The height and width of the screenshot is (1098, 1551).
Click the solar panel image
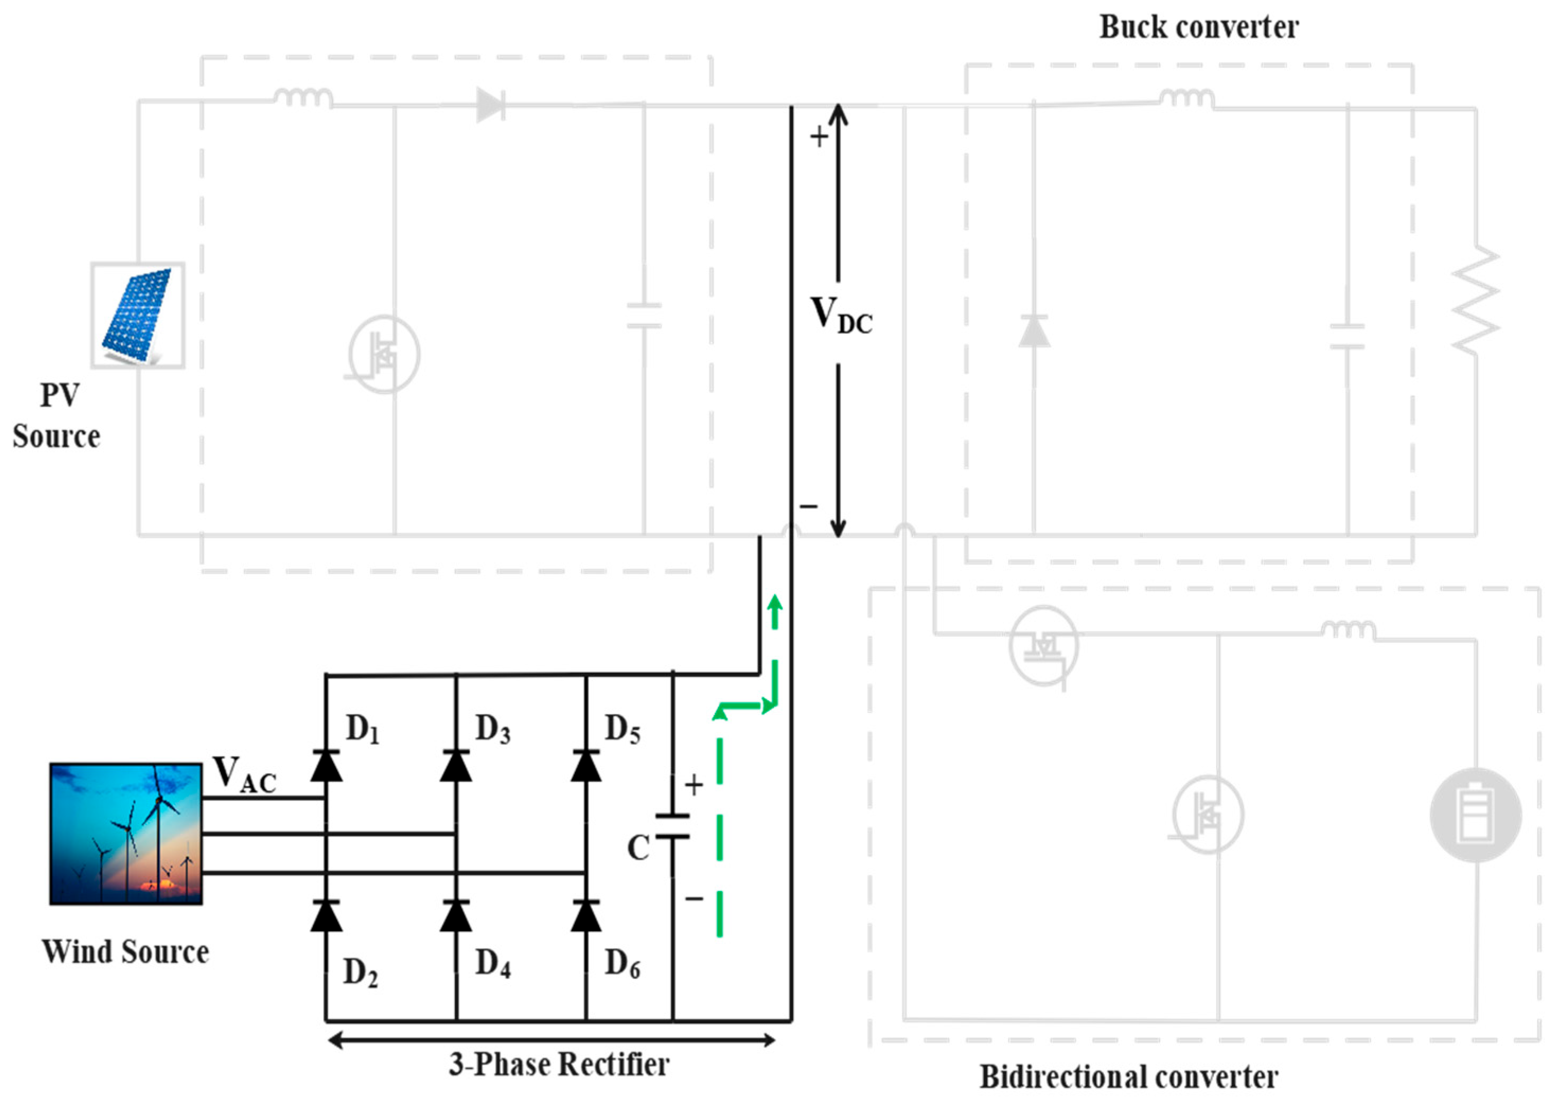pos(138,315)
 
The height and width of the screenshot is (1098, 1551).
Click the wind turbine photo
pos(126,834)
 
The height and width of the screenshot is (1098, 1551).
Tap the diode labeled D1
pos(325,766)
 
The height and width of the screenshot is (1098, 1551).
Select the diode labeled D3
pos(456,766)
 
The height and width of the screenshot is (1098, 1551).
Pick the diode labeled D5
pos(586,766)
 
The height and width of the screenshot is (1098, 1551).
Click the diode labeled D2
pos(325,916)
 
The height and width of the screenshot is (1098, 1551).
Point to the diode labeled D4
pos(456,916)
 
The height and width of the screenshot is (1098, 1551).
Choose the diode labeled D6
pos(586,916)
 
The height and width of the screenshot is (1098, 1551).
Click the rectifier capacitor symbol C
pos(672,826)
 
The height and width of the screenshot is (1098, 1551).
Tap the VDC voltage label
pos(841,316)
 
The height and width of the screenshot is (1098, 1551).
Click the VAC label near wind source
pos(244,774)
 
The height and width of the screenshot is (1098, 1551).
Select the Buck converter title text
pos(1198,27)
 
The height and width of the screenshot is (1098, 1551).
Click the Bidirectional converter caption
pos(1128,1077)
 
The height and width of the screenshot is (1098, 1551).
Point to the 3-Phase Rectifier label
pos(559,1064)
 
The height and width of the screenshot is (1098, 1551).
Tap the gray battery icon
pos(1475,815)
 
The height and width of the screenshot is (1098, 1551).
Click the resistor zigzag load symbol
pos(1475,299)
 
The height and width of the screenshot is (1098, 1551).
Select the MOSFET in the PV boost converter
pos(384,354)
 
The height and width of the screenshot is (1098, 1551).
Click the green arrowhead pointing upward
pos(775,603)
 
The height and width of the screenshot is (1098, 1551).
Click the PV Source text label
pos(57,415)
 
